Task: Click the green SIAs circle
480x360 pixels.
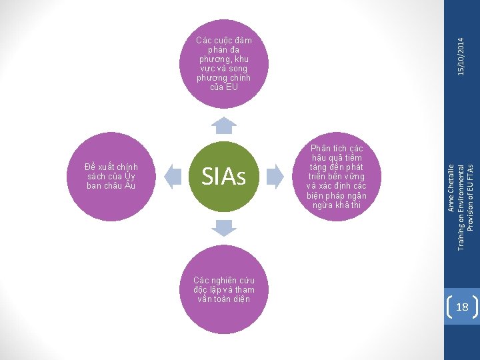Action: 223,177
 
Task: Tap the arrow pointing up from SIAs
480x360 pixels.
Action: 225,125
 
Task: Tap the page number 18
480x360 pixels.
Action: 462,307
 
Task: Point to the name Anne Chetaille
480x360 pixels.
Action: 451,187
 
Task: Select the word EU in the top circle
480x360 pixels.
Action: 231,87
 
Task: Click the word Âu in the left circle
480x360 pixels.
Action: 129,186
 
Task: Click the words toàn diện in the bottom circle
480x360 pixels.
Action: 233,299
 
